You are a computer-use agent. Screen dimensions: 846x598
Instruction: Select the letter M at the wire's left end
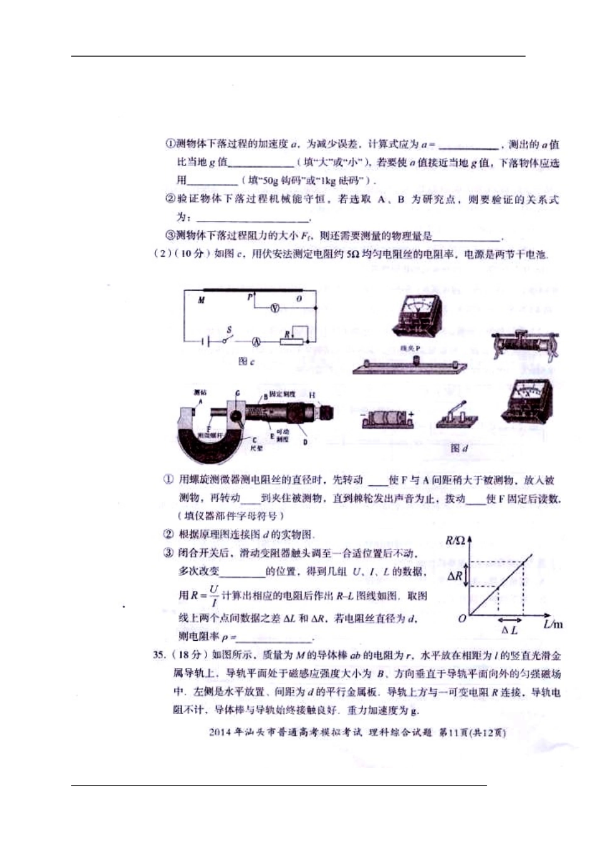(201, 300)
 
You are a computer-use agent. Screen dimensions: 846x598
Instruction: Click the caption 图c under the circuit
(246, 362)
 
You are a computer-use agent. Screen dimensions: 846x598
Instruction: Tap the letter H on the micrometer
(312, 395)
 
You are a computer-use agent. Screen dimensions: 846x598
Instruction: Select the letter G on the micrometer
(237, 393)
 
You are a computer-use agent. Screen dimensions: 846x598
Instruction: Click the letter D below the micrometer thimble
(305, 443)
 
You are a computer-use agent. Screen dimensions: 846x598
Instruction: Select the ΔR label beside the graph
(455, 575)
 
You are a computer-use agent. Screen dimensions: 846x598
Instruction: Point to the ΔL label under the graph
(510, 629)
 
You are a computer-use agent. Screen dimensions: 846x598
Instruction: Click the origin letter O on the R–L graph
(463, 619)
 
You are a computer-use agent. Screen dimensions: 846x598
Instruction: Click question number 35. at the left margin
(161, 655)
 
